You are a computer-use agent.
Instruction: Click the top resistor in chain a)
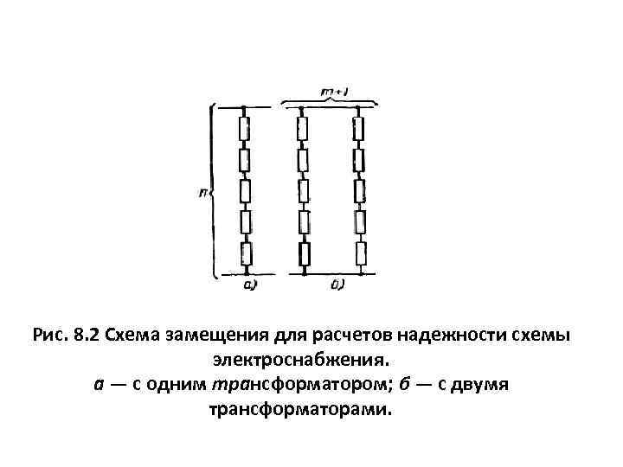(245, 130)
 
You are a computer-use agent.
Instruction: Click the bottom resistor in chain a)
(245, 253)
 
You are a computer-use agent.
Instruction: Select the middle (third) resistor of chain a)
(245, 190)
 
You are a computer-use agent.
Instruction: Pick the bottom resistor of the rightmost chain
(359, 253)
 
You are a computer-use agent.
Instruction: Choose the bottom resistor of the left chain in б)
(303, 253)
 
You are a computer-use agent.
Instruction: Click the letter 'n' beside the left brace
(202, 191)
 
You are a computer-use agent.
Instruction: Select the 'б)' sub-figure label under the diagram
(337, 284)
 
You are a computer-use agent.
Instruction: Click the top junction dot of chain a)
(245, 110)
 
